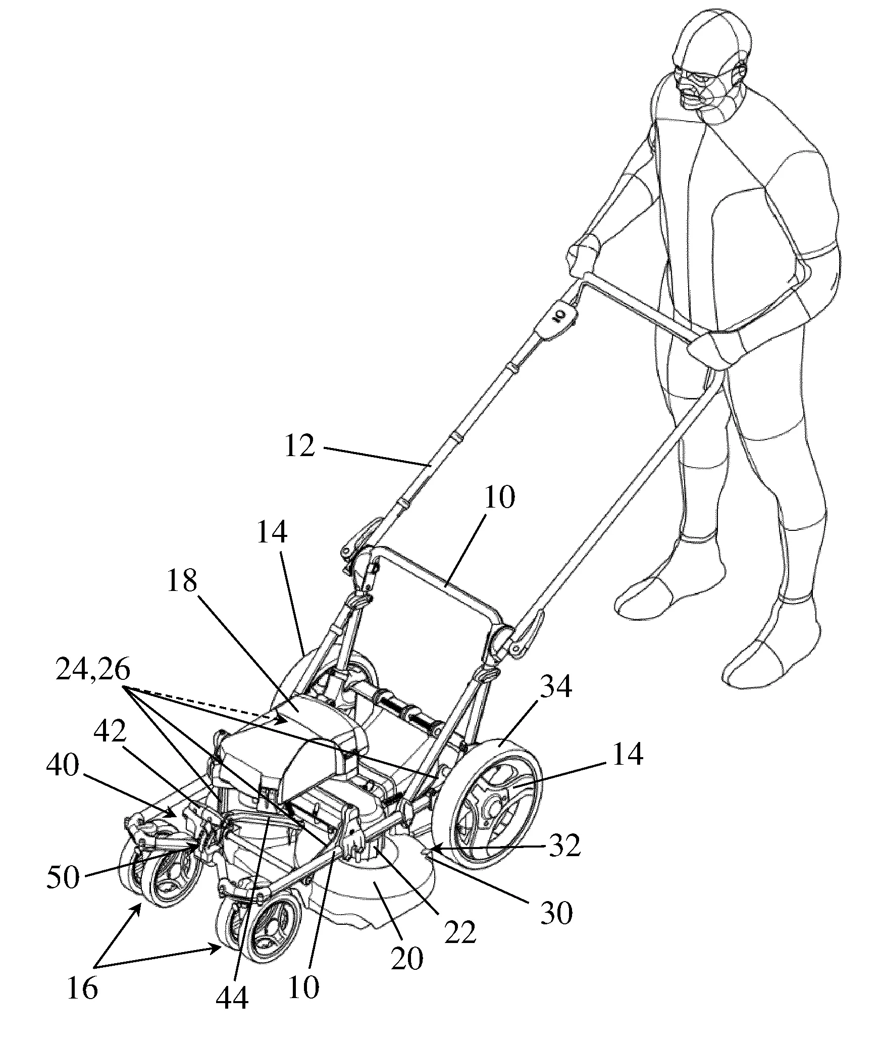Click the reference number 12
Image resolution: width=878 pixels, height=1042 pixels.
point(300,447)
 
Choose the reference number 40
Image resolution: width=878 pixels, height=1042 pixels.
point(63,766)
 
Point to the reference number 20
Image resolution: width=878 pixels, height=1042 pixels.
point(407,958)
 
